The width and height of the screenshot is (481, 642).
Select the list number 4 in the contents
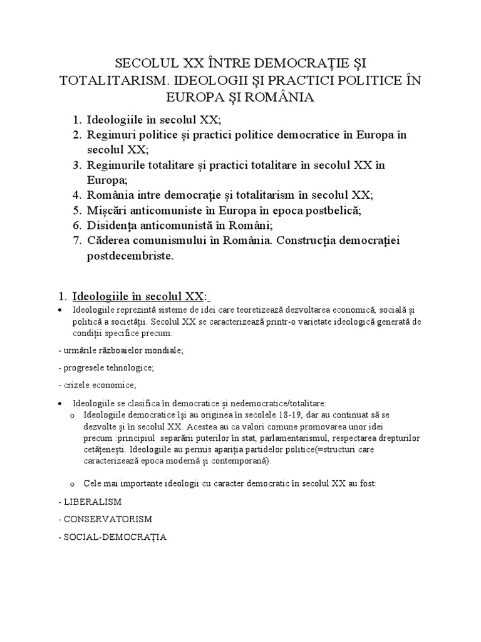coord(76,195)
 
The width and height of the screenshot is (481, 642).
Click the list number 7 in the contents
coord(76,240)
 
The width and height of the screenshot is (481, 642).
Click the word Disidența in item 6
coord(114,225)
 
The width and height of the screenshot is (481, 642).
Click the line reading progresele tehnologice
coord(106,367)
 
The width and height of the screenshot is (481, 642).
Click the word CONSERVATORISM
coord(107,519)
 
